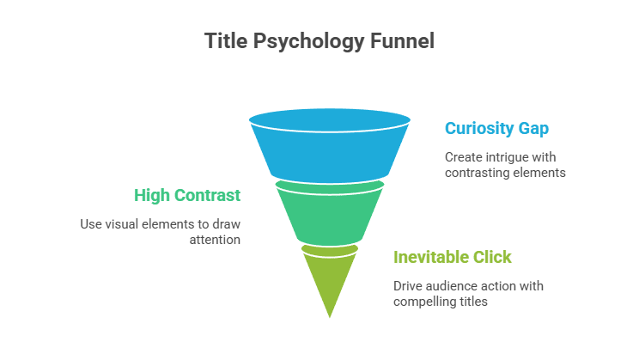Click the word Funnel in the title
[404, 40]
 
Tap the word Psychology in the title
[311, 40]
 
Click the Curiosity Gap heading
[496, 128]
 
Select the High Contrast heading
[187, 195]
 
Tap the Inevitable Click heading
[452, 257]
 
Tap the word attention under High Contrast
[215, 240]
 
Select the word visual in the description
[125, 225]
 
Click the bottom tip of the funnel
[329, 319]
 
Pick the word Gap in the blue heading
[533, 128]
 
